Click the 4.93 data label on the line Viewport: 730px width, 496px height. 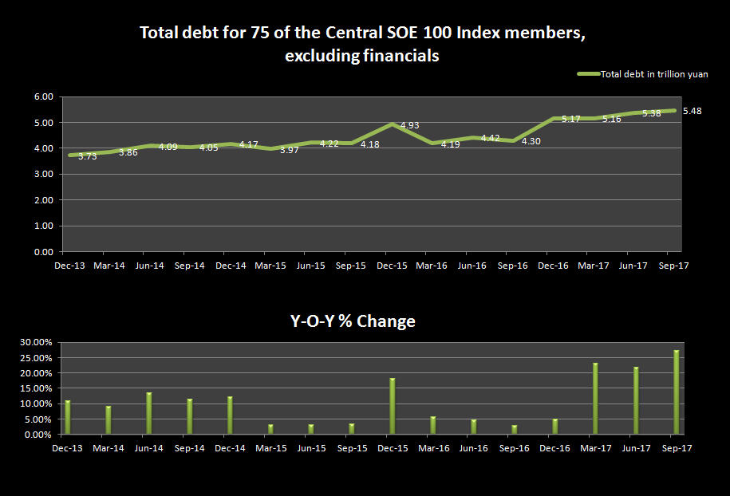point(409,126)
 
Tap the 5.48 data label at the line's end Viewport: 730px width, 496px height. point(693,111)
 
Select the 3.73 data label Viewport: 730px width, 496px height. point(87,157)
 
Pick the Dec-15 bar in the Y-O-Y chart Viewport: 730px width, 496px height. point(392,407)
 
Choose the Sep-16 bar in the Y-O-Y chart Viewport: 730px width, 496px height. point(514,430)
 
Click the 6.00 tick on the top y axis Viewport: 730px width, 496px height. point(44,96)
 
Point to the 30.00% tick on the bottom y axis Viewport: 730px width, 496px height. point(37,342)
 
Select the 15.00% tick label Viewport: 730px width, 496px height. point(37,388)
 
